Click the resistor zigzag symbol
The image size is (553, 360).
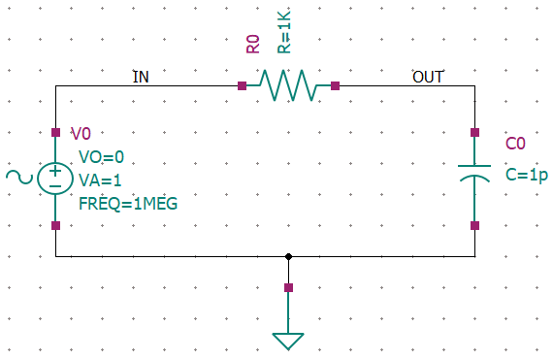click(288, 85)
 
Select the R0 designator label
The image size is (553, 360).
click(253, 44)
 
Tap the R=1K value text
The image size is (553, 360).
click(284, 32)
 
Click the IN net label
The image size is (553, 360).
click(141, 77)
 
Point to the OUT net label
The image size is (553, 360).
click(428, 77)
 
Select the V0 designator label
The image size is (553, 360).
click(81, 134)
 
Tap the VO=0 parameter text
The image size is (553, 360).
click(102, 157)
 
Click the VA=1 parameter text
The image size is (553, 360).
click(100, 180)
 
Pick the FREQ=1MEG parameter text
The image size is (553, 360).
click(128, 204)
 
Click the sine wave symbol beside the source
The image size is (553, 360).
click(19, 177)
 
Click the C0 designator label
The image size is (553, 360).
click(515, 144)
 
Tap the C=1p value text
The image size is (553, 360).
click(527, 175)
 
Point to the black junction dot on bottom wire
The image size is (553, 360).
click(288, 256)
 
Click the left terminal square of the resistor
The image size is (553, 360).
click(242, 85)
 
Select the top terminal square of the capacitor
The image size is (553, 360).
click(474, 133)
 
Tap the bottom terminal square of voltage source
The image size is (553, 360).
click(55, 226)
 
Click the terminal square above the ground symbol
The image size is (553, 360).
click(288, 288)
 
